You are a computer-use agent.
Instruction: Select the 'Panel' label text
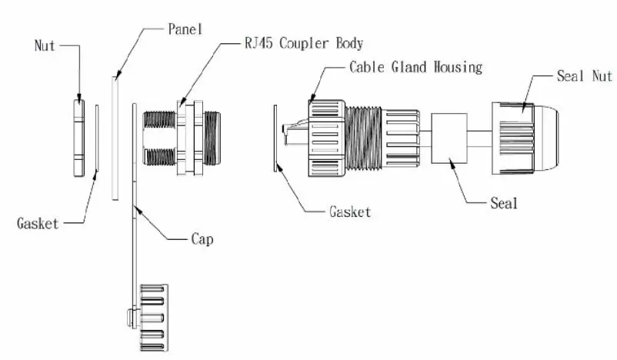[185, 29]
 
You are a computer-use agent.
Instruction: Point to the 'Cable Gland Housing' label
[415, 67]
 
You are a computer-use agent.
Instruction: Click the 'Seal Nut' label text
[584, 78]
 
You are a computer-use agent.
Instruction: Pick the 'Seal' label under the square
[504, 204]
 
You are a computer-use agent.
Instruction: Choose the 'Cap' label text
[202, 239]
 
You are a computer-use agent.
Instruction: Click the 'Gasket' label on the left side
[38, 224]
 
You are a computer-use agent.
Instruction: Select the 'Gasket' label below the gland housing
[349, 212]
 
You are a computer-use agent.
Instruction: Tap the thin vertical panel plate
[115, 137]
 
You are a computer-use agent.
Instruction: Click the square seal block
[450, 138]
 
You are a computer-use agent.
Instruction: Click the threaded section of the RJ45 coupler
[160, 137]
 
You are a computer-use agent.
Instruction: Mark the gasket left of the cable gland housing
[275, 137]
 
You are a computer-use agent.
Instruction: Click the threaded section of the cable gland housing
[363, 137]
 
